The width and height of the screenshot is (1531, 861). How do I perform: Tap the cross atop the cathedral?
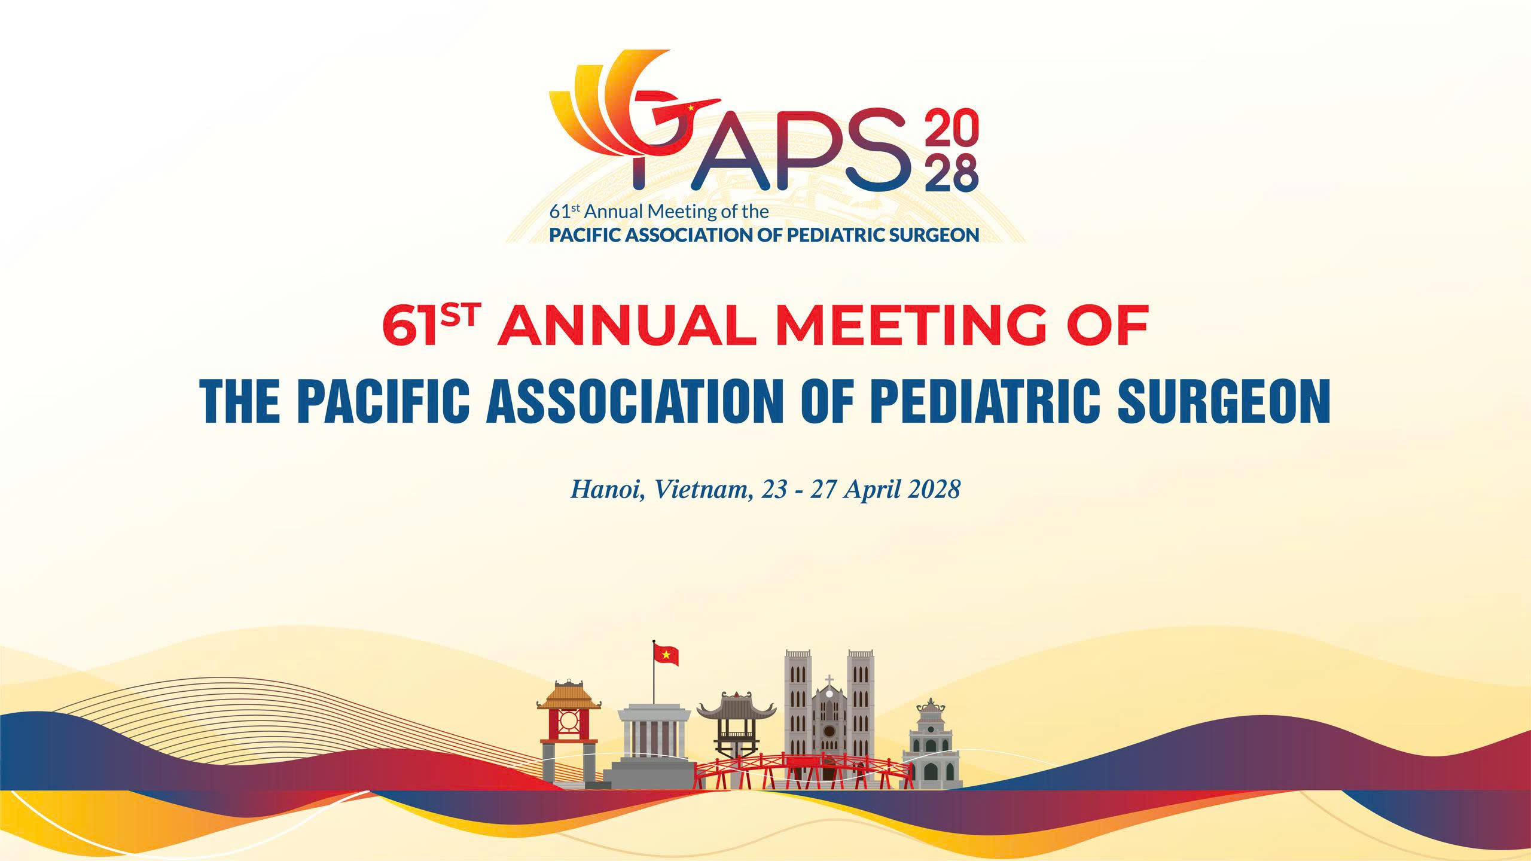[829, 682]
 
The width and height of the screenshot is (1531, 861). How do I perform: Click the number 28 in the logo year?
[951, 174]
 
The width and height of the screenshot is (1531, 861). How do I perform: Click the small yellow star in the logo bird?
[691, 108]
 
